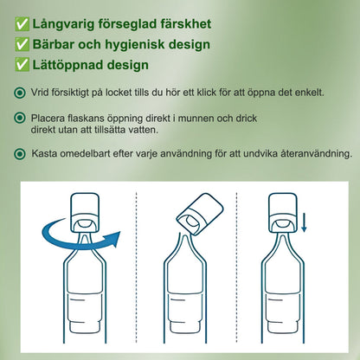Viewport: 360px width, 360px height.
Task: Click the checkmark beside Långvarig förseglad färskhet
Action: (22, 24)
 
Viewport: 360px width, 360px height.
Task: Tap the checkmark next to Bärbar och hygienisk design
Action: (22, 44)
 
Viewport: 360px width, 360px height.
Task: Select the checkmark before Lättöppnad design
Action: (22, 65)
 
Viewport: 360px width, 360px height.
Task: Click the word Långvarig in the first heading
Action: (63, 24)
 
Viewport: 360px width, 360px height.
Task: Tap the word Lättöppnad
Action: (74, 65)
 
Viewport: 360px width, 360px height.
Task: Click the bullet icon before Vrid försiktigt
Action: (20, 93)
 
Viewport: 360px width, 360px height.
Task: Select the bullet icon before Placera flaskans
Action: (20, 118)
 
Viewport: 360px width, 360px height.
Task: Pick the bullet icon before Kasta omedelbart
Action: (20, 154)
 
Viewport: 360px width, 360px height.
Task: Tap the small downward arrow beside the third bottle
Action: (304, 222)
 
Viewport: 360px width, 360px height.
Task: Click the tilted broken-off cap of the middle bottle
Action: (200, 214)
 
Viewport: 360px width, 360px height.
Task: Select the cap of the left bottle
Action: (85, 213)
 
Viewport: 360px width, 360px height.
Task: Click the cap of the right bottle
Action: (283, 213)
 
